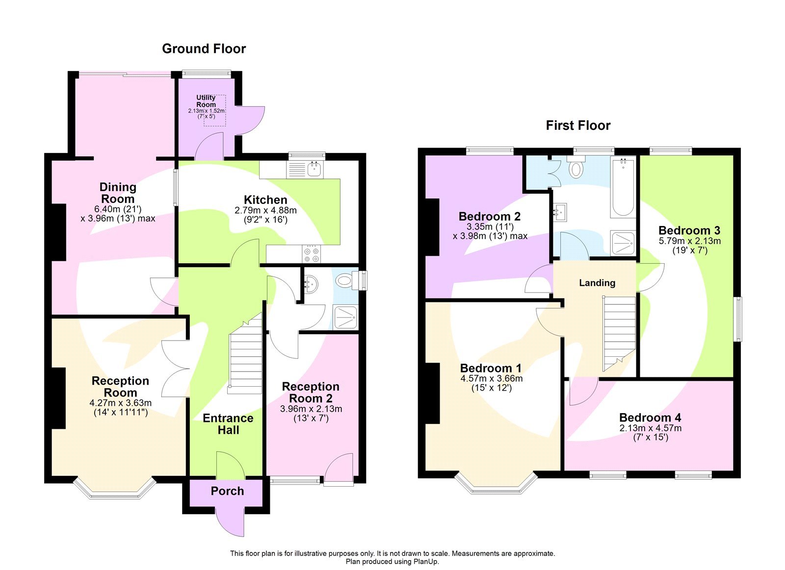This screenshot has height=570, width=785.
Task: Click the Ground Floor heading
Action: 204,49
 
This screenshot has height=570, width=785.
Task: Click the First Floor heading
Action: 578,125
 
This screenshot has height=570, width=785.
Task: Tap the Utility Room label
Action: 206,101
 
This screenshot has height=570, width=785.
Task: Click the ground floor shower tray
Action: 346,317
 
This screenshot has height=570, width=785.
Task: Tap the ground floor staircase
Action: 245,358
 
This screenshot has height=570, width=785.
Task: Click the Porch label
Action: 227,491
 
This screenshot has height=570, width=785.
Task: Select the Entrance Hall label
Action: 228,424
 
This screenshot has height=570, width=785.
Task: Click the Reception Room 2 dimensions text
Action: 311,413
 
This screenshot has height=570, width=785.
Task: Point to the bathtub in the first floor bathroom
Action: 623,187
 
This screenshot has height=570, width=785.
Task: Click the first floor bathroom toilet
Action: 576,168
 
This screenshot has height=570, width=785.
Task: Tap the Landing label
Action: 597,283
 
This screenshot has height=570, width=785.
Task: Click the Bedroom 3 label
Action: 689,230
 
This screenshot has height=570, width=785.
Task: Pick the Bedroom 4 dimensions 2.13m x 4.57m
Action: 650,428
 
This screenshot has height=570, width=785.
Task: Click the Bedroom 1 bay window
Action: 496,485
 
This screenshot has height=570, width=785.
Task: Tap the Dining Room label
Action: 118,193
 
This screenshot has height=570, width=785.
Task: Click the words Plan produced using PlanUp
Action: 392,562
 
